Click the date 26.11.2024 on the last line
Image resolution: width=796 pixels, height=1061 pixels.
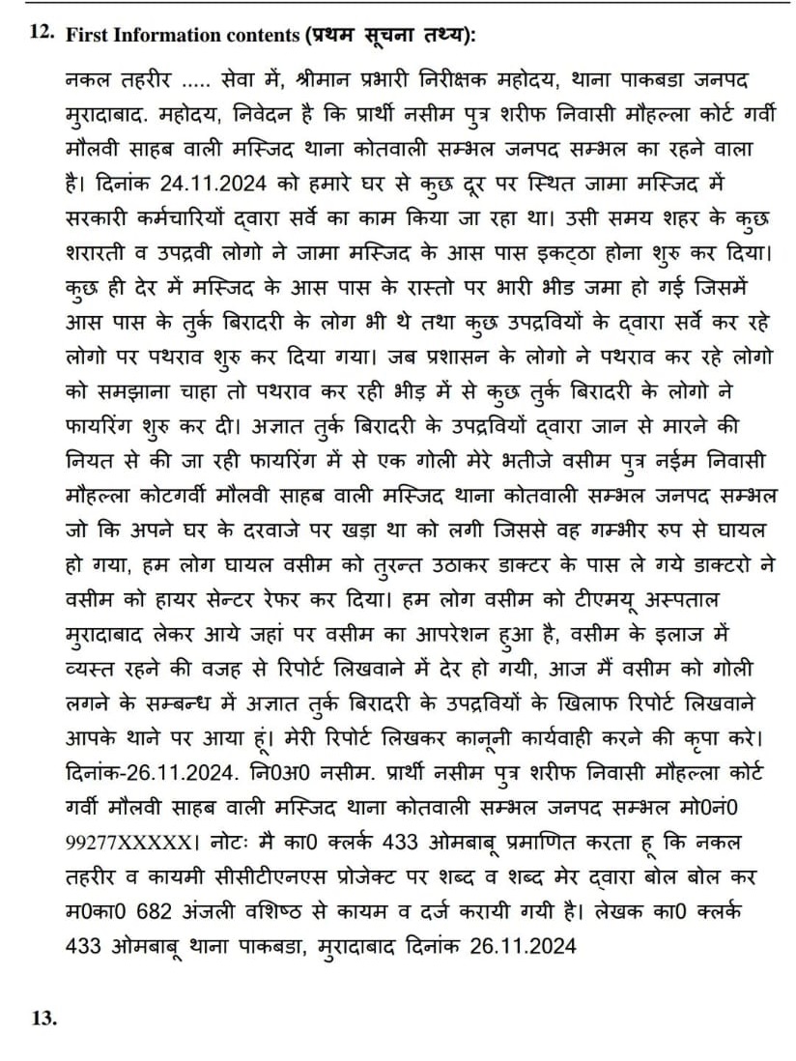[524, 947]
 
